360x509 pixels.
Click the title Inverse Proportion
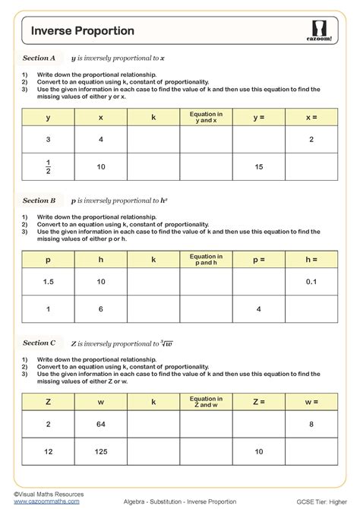click(83, 30)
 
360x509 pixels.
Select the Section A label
click(39, 58)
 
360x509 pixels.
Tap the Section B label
click(39, 201)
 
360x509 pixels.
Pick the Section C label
click(39, 343)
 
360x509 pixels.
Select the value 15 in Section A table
click(259, 166)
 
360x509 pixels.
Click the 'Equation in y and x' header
click(206, 117)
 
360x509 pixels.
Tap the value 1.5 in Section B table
click(49, 282)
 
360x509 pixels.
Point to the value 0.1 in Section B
click(311, 282)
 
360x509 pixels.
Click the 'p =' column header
click(259, 259)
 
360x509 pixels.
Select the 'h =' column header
click(311, 259)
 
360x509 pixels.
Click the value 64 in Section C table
click(101, 425)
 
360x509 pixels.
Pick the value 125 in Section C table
click(101, 452)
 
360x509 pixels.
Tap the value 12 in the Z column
click(49, 452)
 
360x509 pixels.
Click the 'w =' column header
click(311, 402)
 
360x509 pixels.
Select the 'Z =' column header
click(259, 402)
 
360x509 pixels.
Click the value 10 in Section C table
click(259, 452)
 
